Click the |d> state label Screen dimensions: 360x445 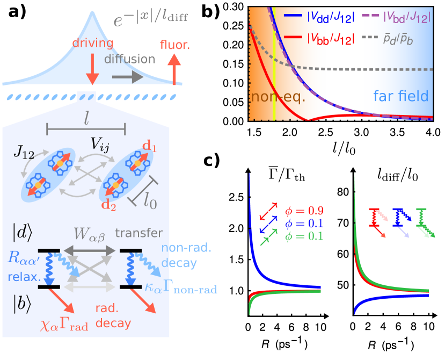[x=23, y=234]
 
